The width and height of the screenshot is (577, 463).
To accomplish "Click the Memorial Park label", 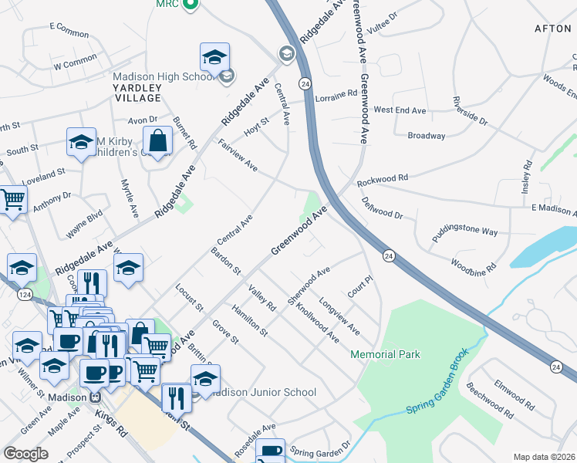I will click(x=386, y=354).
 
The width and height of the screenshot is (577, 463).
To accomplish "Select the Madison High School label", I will click(x=163, y=76).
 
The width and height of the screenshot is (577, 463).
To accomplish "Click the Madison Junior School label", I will click(x=262, y=392).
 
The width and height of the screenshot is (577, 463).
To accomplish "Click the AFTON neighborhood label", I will click(x=552, y=29).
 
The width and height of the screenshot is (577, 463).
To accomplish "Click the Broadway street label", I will click(x=427, y=136).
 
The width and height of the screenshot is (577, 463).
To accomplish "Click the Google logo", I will click(x=25, y=453).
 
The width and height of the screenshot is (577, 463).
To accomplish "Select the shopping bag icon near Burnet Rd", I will click(x=157, y=141).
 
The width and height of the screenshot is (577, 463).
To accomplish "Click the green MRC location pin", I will click(x=194, y=5).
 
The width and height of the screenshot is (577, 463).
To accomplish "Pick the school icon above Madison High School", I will click(x=215, y=56).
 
